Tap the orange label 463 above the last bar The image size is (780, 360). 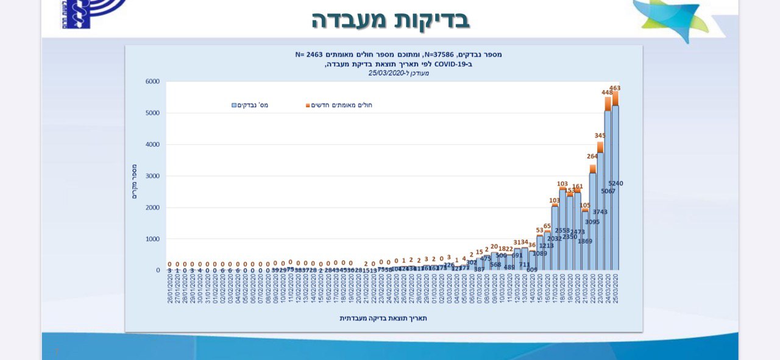point(615,88)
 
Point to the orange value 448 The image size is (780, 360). point(607,93)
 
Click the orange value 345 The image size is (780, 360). point(600,136)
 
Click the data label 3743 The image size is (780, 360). point(600,212)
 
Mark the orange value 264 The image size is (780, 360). point(592,157)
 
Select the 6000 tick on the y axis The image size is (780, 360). point(152,82)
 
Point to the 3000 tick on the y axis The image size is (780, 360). point(152,176)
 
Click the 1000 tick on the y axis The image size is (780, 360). point(152,239)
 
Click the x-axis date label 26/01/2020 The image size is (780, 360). point(169,291)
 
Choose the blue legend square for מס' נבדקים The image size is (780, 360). point(234,105)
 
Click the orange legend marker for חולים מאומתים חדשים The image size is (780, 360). point(308,105)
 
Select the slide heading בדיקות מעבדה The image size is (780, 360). point(391,19)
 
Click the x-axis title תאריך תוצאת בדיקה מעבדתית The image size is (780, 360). point(383,318)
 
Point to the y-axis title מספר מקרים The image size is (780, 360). point(135,182)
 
